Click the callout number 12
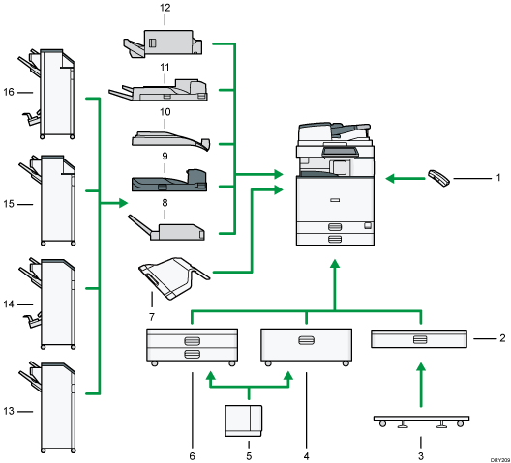pos(165,8)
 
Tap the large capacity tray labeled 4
pos(306,346)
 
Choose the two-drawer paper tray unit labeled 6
pos(191,346)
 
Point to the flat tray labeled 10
pos(168,142)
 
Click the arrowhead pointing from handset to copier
pos(391,177)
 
